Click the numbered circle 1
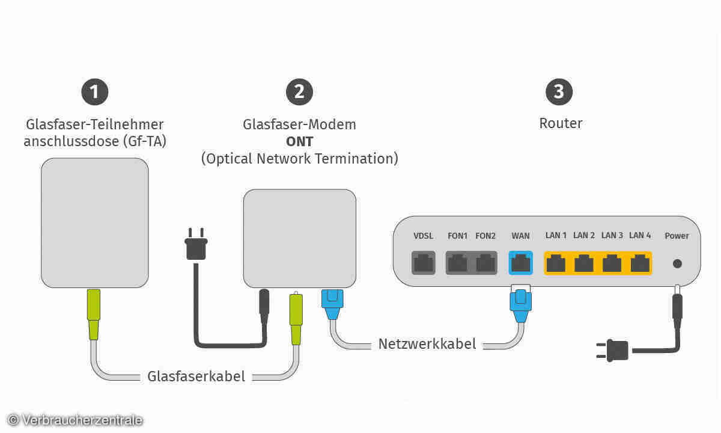(94, 92)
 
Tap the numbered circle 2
(299, 92)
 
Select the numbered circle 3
(559, 92)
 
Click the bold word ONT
(299, 141)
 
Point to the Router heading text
(561, 123)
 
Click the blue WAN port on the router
(520, 263)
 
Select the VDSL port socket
(423, 263)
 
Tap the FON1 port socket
(458, 263)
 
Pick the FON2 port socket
(485, 263)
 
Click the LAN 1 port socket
(556, 263)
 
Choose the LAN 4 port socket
(640, 263)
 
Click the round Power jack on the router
(677, 263)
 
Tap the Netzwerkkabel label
(427, 344)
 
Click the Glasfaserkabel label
(196, 376)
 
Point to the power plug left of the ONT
(196, 244)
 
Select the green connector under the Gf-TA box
(94, 313)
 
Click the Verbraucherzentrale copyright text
(76, 420)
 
